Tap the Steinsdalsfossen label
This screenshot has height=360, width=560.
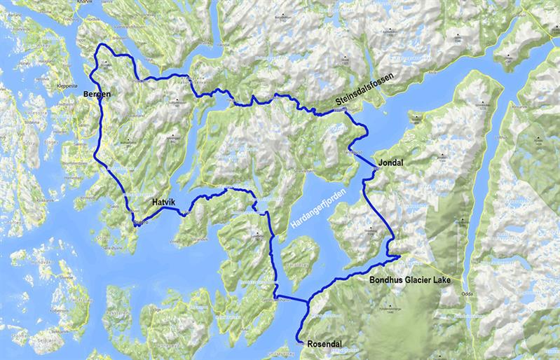[365, 90]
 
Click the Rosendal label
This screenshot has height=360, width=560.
[328, 345]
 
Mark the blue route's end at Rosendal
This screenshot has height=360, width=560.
[300, 342]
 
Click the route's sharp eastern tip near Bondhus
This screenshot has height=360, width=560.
[399, 257]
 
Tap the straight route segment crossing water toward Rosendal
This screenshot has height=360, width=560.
[292, 300]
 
